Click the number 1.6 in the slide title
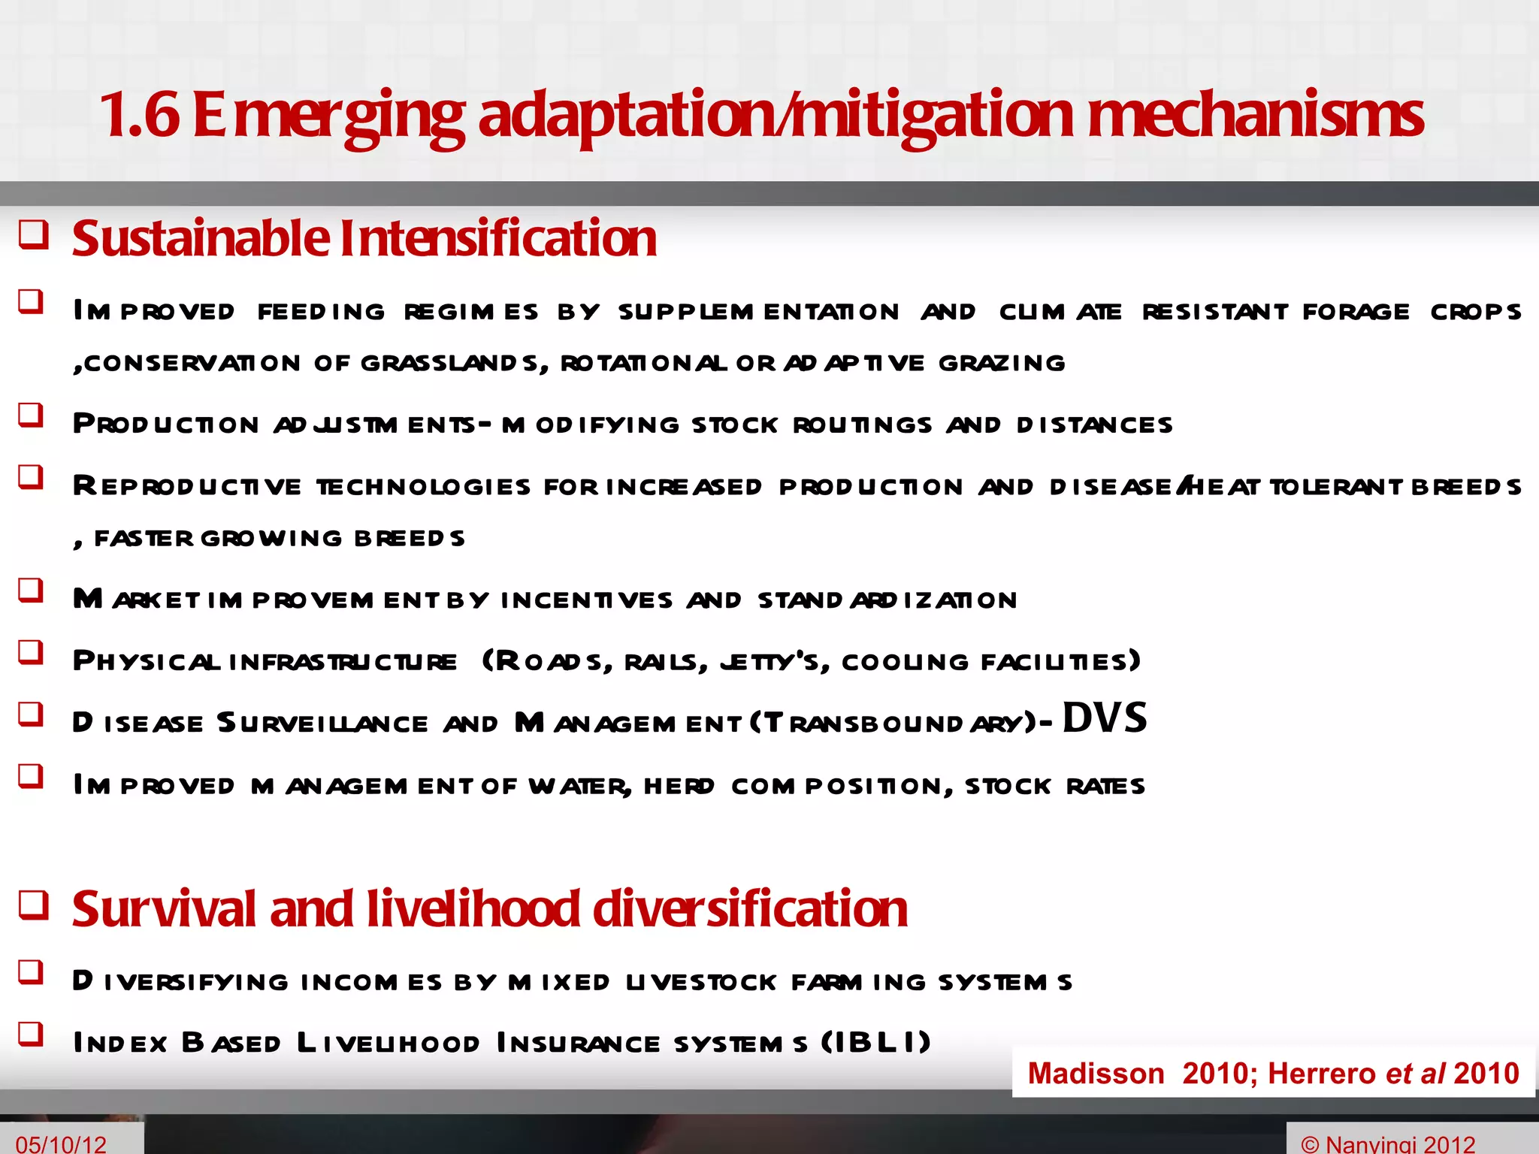(140, 115)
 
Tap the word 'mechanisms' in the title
(1255, 115)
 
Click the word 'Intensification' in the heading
(498, 238)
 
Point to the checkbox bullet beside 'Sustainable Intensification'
(34, 235)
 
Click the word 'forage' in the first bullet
(1356, 312)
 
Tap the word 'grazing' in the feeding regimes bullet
(1002, 364)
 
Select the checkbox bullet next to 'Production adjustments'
(31, 415)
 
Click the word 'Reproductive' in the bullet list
(187, 487)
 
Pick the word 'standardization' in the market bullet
(887, 600)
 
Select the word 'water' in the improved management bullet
(579, 787)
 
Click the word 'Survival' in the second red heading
(164, 909)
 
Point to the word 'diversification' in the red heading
(750, 909)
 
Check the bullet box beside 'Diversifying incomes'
(31, 972)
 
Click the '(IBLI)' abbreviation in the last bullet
(875, 1043)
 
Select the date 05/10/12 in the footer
(61, 1144)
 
